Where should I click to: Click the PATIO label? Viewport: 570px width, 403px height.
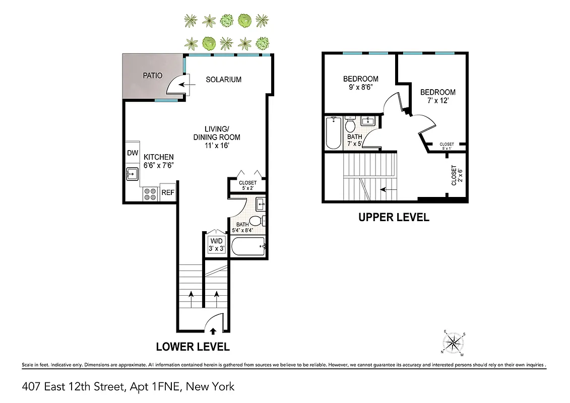pos(152,76)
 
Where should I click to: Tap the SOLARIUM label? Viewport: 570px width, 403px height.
pos(223,80)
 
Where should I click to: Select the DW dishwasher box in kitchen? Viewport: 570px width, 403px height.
pos(133,153)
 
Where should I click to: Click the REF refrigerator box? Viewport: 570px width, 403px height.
pos(167,192)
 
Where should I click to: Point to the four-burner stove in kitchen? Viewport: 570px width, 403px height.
pos(150,194)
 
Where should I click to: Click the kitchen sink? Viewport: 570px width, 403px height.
pos(132,175)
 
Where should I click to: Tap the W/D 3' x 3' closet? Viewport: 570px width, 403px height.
pos(217,244)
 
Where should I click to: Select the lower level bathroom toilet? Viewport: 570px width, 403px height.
pos(256,221)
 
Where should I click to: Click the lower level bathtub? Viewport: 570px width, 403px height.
pos(247,247)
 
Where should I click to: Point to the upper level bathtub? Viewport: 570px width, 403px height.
pos(333,133)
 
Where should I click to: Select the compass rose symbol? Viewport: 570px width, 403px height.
pos(455,343)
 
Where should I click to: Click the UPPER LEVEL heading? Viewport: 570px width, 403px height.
pos(394,218)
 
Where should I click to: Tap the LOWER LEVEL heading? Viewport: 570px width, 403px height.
pos(193,347)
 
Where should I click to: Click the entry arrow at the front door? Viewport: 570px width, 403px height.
pos(213,331)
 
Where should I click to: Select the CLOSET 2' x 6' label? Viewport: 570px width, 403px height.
pos(457,175)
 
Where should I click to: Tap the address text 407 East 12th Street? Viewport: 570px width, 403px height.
pos(74,387)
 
